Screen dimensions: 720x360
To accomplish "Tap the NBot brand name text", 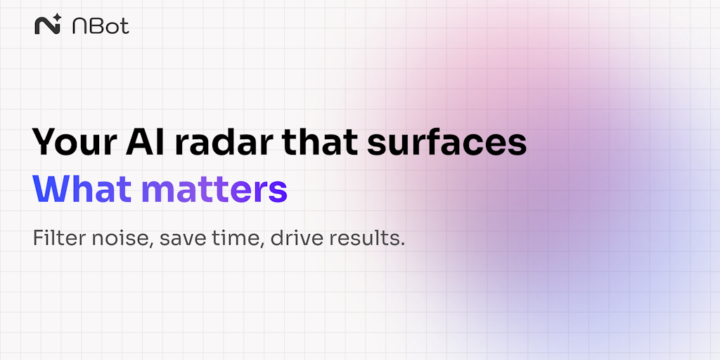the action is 101,26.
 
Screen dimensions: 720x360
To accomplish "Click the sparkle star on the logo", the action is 57,18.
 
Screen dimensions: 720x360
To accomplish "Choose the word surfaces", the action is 446,141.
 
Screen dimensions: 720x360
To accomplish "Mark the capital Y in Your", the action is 46,141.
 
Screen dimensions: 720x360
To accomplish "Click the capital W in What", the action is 51,188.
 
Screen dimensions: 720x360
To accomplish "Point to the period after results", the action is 403,245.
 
